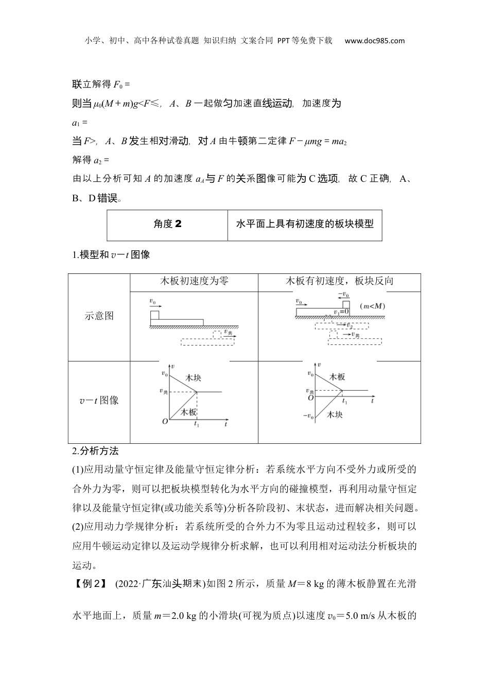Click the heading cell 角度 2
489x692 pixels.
coord(167,223)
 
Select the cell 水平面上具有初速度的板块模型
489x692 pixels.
coord(304,223)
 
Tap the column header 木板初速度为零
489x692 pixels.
coord(194,281)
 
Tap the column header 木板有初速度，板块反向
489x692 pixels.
coord(339,281)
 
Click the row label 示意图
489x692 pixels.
coord(99,316)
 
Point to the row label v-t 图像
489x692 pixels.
coord(99,400)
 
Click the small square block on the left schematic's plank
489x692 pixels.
coord(154,315)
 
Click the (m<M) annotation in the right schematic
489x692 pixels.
coord(373,306)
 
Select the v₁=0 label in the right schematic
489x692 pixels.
coord(341,312)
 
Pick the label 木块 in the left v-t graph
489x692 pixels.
coord(193,378)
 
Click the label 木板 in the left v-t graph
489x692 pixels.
coord(188,412)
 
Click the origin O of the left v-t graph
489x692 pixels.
coord(165,421)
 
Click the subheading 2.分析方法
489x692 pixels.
coord(96,451)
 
